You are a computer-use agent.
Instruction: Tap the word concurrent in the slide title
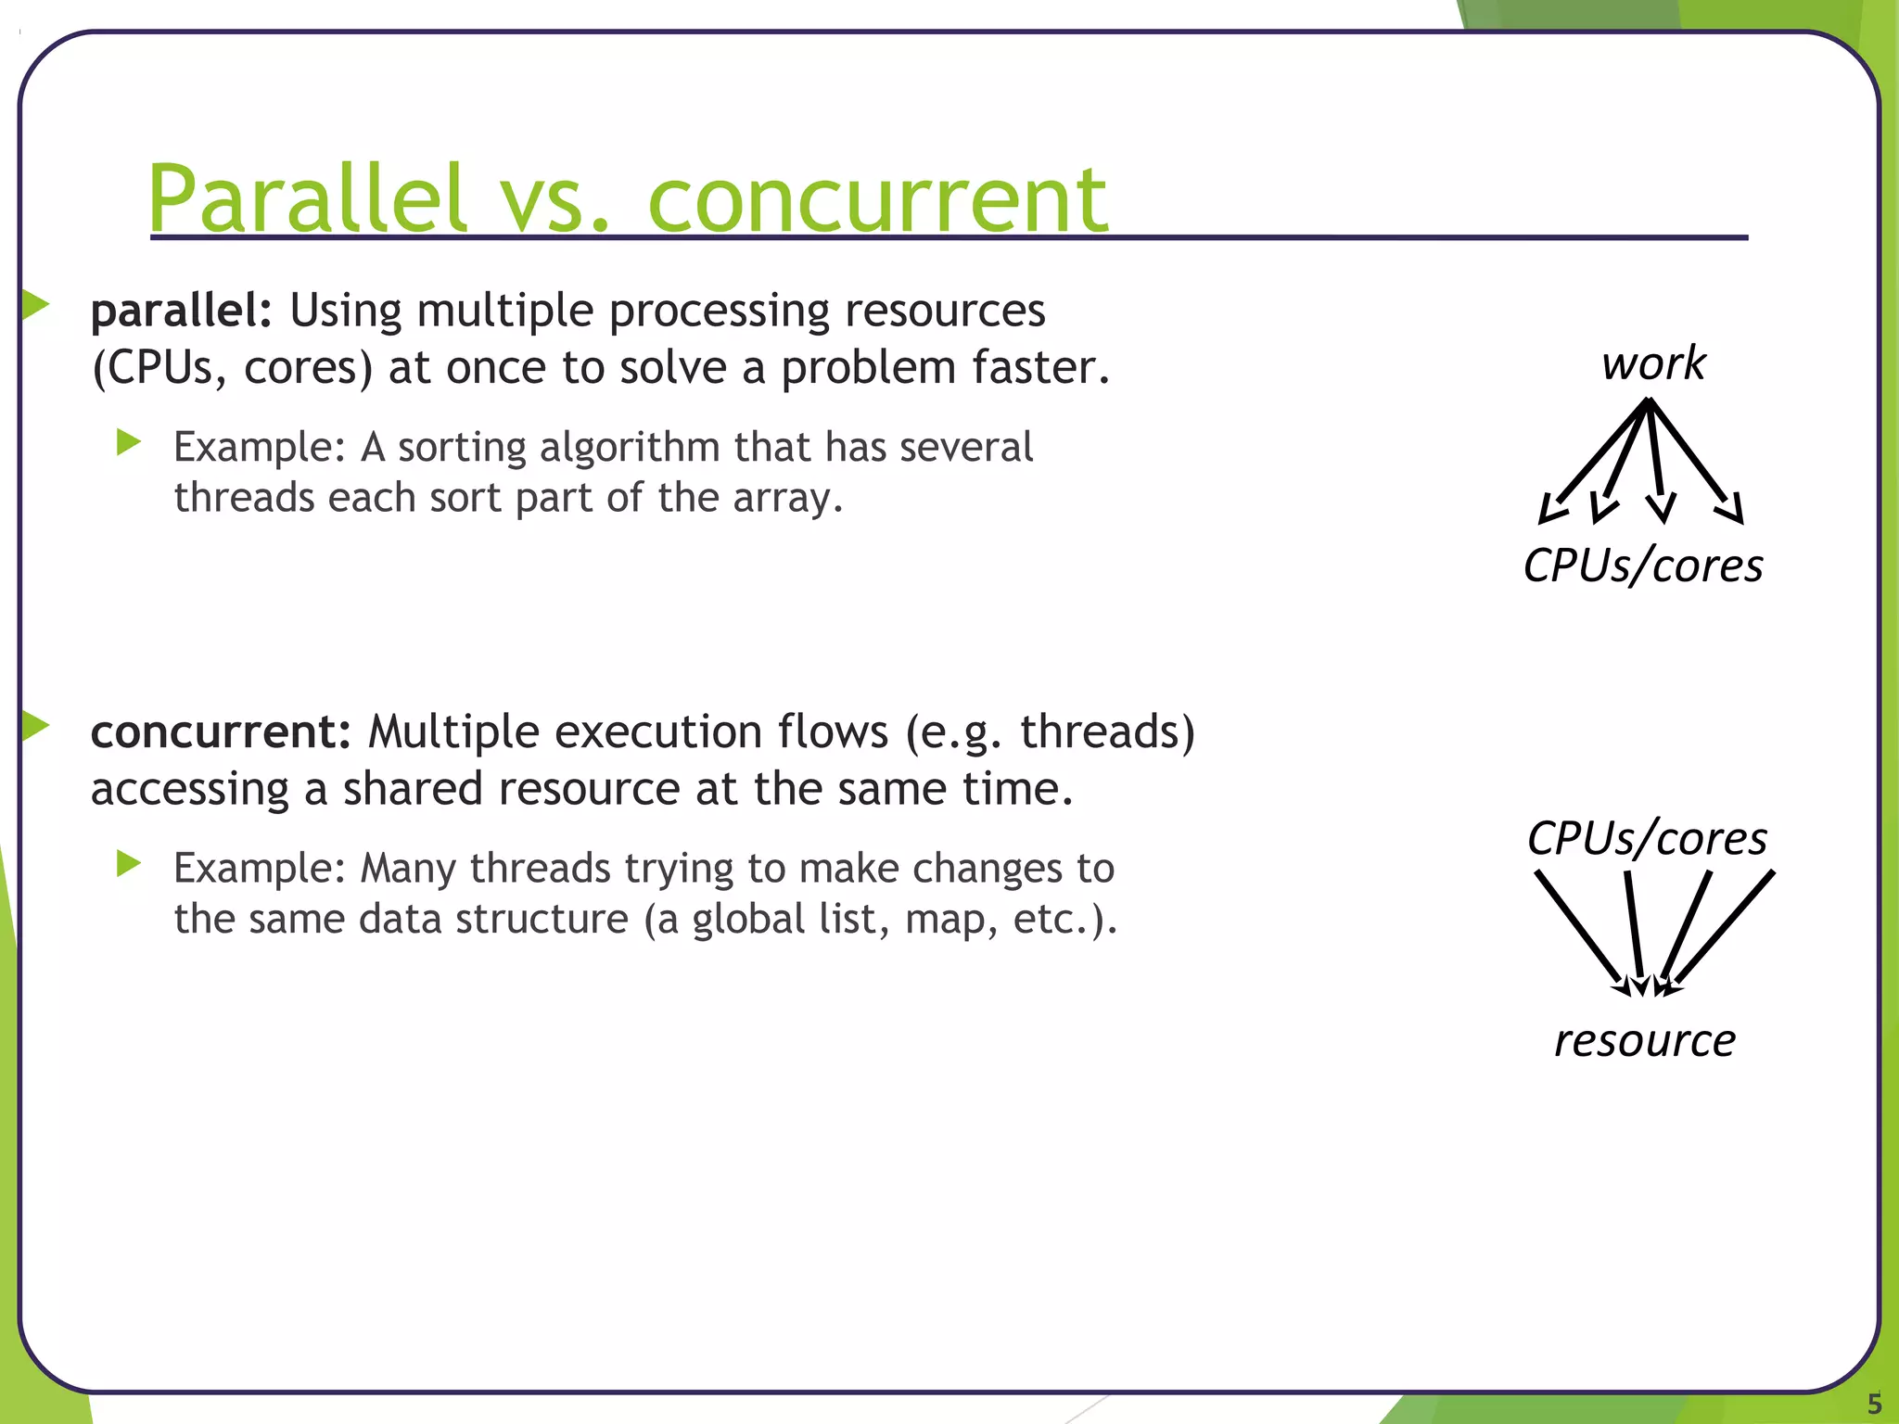(876, 200)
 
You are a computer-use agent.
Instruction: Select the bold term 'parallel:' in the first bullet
(181, 311)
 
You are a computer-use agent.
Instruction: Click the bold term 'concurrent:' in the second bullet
(221, 731)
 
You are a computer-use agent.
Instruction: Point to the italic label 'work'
(1653, 362)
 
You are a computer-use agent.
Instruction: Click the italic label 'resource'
(1644, 1040)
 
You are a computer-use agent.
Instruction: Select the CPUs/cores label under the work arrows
(1643, 566)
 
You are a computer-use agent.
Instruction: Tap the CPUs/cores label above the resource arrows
(1647, 838)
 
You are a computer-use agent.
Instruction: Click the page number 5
(1874, 1403)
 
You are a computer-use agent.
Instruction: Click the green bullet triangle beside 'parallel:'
(34, 304)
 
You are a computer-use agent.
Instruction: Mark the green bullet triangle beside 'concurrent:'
(34, 725)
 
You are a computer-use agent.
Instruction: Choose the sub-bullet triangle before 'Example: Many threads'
(129, 864)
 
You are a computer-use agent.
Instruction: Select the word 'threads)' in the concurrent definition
(1107, 731)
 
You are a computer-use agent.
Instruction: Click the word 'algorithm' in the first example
(630, 448)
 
